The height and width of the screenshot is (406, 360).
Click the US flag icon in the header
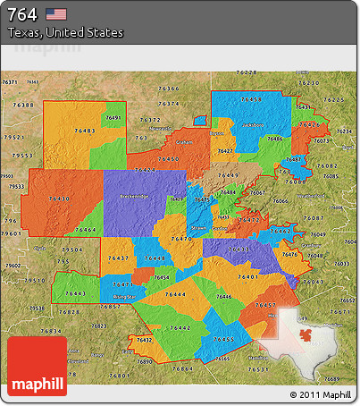(x=56, y=13)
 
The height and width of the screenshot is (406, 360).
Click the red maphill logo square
(x=37, y=367)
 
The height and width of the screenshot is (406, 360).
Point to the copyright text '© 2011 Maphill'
(x=320, y=394)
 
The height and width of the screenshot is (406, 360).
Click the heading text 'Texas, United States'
(x=66, y=32)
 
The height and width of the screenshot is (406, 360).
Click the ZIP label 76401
(x=247, y=277)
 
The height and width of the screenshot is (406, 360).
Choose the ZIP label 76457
(x=265, y=306)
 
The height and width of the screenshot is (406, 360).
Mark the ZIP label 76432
(x=143, y=340)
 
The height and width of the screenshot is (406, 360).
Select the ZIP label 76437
(x=117, y=258)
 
